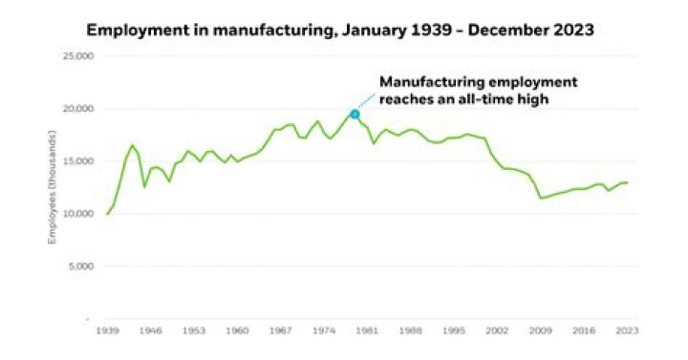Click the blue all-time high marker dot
pyautogui.click(x=355, y=114)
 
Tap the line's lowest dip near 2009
pyautogui.click(x=542, y=198)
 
